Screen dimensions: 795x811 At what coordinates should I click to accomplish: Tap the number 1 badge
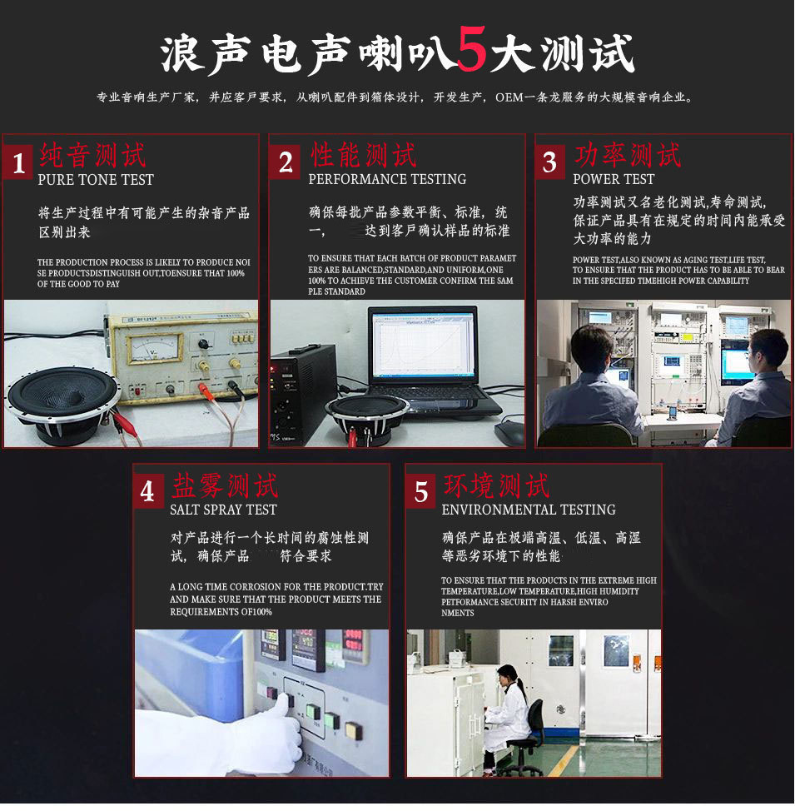[x=18, y=162]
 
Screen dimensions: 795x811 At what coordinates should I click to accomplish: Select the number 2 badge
[x=285, y=162]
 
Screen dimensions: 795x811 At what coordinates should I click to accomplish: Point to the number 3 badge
[x=550, y=162]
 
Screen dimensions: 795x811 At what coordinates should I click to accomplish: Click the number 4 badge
[x=148, y=491]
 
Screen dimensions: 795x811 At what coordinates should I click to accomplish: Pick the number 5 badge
[x=421, y=491]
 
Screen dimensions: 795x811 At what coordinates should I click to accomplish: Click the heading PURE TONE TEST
[x=96, y=180]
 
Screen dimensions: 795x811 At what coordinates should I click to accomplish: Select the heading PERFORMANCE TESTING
[x=387, y=179]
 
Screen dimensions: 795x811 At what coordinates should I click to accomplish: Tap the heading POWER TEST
[x=614, y=179]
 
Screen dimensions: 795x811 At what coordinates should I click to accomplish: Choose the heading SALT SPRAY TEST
[x=223, y=510]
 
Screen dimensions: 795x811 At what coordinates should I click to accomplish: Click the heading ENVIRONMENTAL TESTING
[x=529, y=510]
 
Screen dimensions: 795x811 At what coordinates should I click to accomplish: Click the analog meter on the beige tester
[x=154, y=347]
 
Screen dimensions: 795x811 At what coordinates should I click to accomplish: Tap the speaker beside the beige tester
[x=63, y=405]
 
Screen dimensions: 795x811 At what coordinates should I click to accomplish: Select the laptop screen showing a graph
[x=423, y=343]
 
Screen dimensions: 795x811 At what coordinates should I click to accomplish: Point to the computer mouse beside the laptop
[x=509, y=434]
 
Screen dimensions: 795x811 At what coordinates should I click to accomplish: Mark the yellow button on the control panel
[x=354, y=730]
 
